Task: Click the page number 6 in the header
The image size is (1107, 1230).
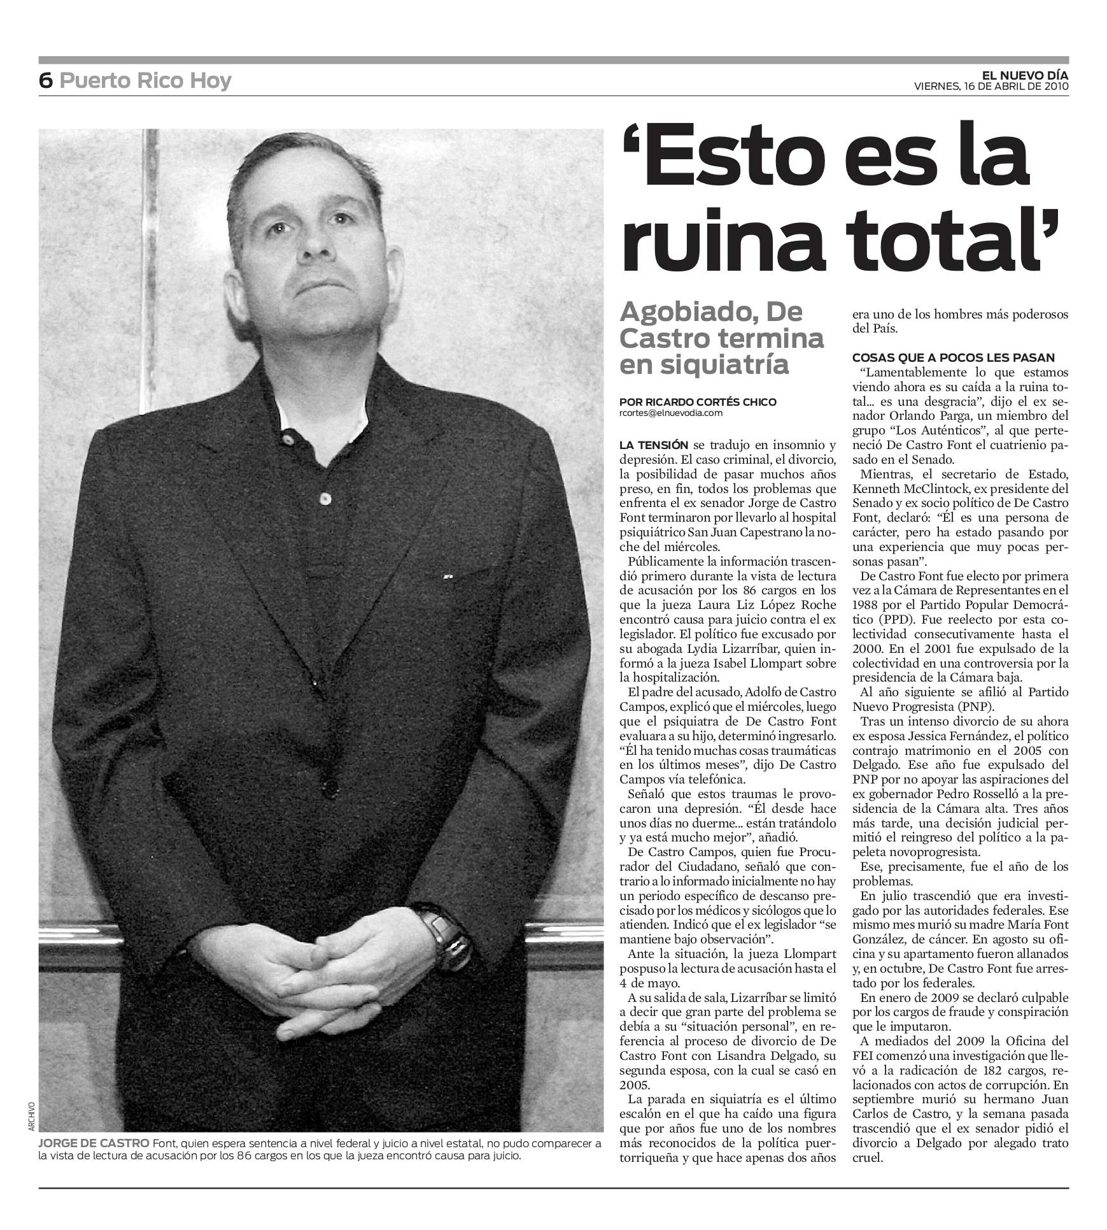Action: point(45,81)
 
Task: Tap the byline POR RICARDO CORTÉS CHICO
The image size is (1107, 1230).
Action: point(698,402)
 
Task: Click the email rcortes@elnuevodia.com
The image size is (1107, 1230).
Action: point(671,413)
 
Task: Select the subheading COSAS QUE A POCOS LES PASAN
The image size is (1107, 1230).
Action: point(953,358)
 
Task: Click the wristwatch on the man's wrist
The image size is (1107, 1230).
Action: point(446,933)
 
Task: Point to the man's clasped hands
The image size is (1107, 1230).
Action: point(325,968)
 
